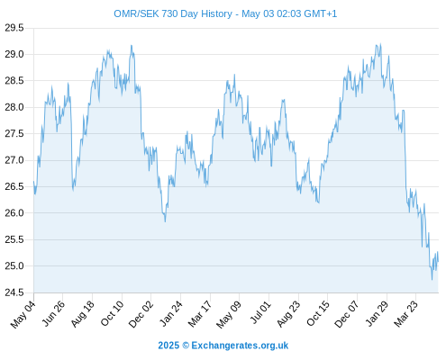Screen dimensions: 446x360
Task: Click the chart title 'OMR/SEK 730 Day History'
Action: click(173, 13)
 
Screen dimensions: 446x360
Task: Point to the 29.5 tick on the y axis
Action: click(14, 28)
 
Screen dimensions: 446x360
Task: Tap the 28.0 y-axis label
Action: click(14, 107)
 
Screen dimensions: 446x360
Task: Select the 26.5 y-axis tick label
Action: click(14, 186)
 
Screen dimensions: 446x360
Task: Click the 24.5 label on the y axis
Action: click(14, 292)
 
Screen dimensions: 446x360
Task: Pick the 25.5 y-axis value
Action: click(14, 239)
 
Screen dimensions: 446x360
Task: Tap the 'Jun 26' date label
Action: click(53, 314)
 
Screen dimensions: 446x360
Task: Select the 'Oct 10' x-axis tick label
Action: click(112, 314)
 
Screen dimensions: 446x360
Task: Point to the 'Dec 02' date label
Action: click(141, 314)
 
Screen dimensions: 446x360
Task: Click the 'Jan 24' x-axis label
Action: click(171, 314)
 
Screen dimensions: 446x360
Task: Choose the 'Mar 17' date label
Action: click(200, 314)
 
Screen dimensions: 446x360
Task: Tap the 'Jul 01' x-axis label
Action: click(260, 312)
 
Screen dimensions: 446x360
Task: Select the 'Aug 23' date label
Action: click(288, 314)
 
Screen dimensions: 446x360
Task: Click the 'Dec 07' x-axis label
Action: click(347, 314)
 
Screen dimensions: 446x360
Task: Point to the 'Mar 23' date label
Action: click(405, 314)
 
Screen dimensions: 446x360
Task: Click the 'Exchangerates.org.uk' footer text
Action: click(240, 346)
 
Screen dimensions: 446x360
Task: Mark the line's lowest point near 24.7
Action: click(432, 280)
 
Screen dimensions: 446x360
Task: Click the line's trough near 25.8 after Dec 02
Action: click(165, 221)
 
